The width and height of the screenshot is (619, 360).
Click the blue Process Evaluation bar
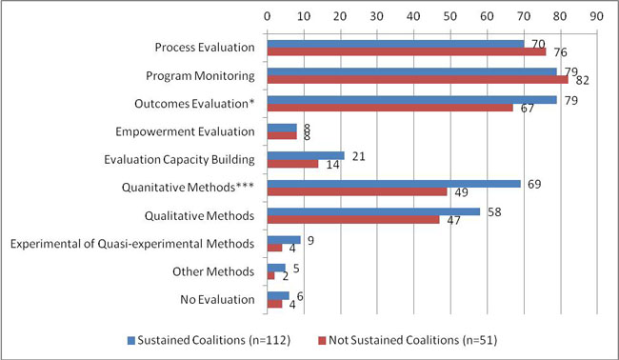pos(395,44)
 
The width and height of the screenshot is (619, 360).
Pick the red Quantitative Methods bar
pos(356,191)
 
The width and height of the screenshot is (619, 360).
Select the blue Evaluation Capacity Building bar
pos(305,155)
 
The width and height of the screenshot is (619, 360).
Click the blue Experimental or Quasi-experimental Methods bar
pos(283,240)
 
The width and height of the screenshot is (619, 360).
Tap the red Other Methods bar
pos(270,276)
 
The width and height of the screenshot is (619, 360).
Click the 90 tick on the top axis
pos(597,16)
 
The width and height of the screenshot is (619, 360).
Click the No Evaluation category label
pos(217,300)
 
